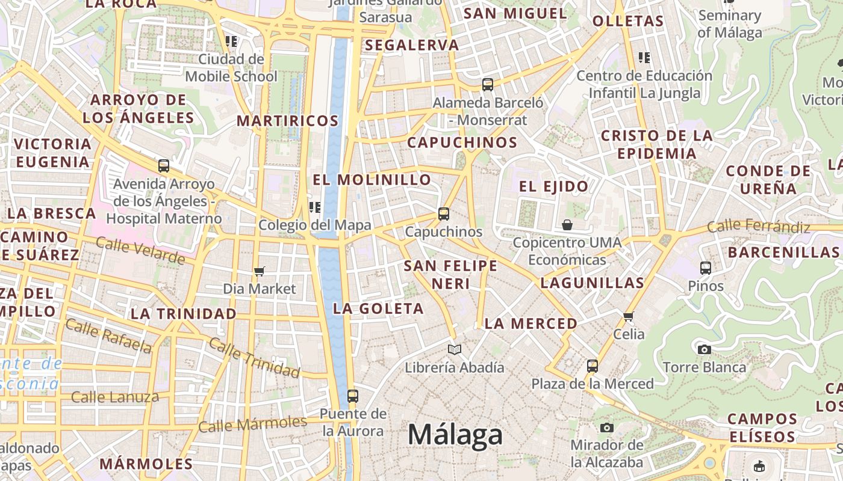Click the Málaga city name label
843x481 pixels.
pos(455,434)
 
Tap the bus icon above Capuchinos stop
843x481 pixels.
pos(444,213)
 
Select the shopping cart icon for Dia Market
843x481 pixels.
pos(260,271)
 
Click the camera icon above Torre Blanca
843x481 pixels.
pos(704,349)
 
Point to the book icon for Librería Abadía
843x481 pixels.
pos(455,349)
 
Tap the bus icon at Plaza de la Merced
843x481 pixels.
pos(593,366)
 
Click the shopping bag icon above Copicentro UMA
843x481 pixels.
pos(567,225)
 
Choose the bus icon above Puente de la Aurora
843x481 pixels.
pos(353,396)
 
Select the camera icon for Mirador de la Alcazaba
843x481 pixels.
pos(607,427)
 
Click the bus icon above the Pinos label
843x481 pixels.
pos(706,268)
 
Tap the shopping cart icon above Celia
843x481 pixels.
pos(629,316)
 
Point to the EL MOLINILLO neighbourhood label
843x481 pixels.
pos(372,180)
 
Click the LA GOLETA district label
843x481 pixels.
pos(378,308)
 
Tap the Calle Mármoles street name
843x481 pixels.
pos(252,424)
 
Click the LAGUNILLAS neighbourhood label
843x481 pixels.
pos(592,283)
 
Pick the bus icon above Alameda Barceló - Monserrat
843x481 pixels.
pos(488,85)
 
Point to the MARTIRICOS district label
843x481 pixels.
pos(287,120)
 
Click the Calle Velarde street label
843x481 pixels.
pos(140,250)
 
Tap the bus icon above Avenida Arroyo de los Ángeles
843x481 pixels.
pos(164,166)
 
